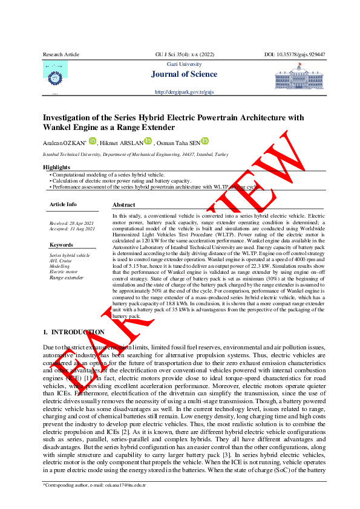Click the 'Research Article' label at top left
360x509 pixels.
pos(61,54)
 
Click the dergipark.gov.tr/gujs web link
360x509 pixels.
pos(185,92)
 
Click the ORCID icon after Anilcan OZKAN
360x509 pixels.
pos(92,141)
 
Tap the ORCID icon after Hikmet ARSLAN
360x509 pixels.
pos(148,141)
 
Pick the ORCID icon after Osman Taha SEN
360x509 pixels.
pos(205,141)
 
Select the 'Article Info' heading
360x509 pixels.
pos(63,204)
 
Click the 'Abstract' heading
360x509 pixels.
pos(123,205)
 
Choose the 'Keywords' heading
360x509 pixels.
pos(61,245)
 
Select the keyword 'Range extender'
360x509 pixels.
pos(66,277)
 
